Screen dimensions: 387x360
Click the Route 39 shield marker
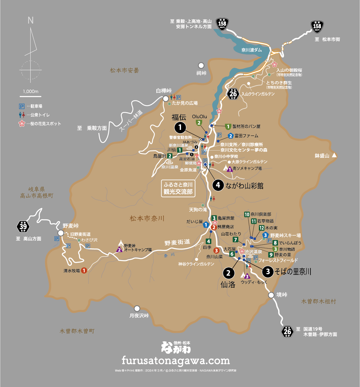tap(23, 226)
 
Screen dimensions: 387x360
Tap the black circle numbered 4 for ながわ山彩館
tap(218, 185)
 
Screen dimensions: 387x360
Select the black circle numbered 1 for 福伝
tap(180, 128)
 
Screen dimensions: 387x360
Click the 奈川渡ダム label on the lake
tap(251, 50)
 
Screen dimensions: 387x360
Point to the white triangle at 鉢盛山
tap(334, 155)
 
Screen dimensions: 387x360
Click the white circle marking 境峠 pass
tap(271, 295)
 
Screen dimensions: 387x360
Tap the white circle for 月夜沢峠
tap(137, 308)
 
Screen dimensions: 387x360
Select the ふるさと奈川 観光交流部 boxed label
tap(178, 188)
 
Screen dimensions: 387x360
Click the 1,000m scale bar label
tap(31, 91)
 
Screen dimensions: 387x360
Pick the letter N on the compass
tap(31, 20)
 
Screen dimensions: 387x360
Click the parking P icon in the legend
tap(22, 106)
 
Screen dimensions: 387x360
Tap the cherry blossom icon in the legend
tap(22, 124)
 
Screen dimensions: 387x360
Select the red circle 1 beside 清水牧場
tap(84, 270)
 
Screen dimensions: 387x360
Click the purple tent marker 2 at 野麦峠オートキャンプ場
tap(119, 250)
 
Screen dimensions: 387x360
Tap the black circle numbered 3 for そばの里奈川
tap(268, 271)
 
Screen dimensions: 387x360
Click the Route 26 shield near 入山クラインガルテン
tap(233, 94)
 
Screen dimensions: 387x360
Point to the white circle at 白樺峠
tap(165, 98)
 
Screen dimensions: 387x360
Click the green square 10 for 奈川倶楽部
tap(247, 214)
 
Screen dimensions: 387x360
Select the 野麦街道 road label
tap(177, 242)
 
